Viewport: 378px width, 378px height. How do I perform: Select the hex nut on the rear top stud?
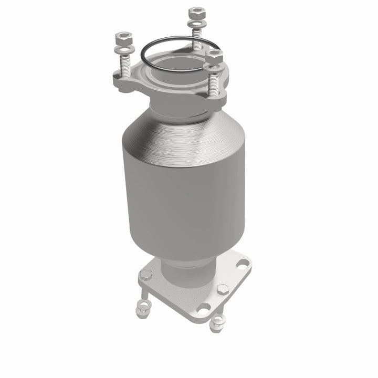(x=196, y=12)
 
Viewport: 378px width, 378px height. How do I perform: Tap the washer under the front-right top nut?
(x=213, y=67)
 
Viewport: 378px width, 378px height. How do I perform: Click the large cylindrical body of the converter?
(x=184, y=205)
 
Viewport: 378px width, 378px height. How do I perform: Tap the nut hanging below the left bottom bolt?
(x=141, y=312)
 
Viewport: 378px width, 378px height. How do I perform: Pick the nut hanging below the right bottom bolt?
(x=216, y=324)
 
